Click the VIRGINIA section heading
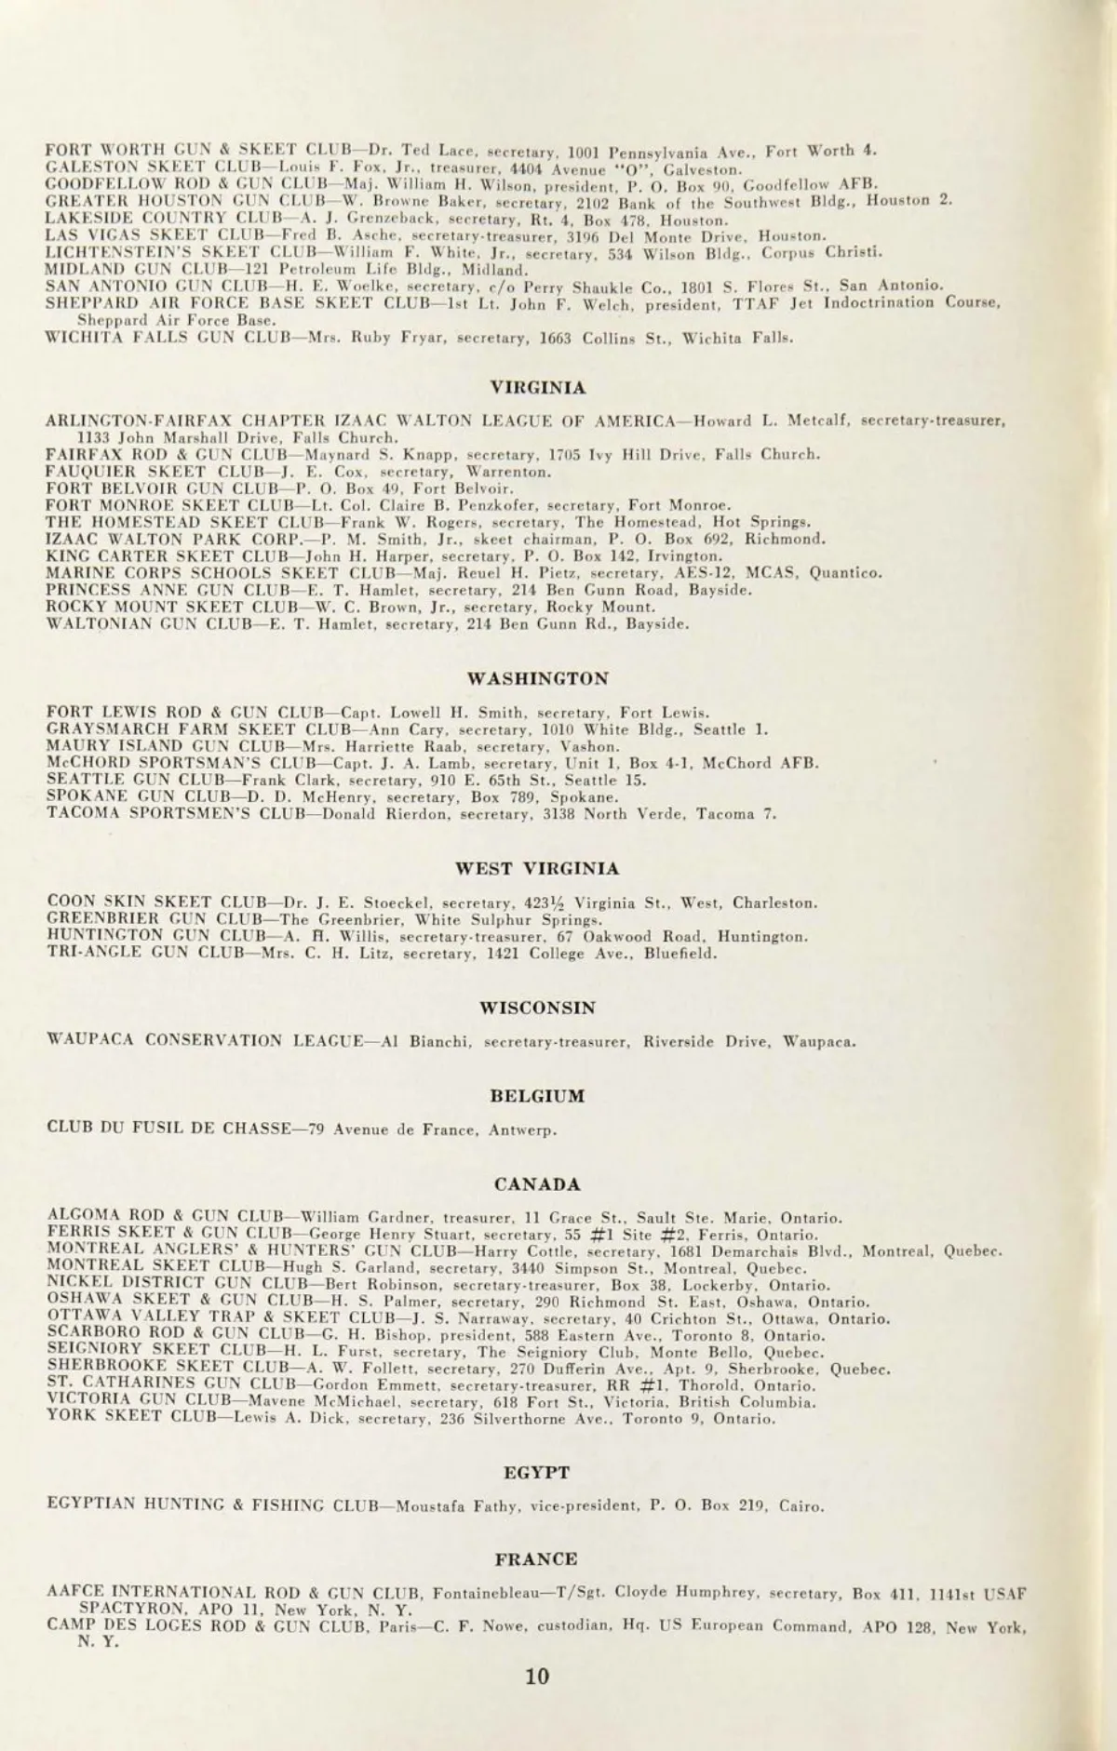pyautogui.click(x=537, y=388)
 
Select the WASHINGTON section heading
pyautogui.click(x=537, y=678)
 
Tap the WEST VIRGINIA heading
pyautogui.click(x=537, y=869)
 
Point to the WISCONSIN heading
pyautogui.click(x=537, y=1008)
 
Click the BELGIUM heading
pyautogui.click(x=537, y=1096)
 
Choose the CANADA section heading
pyautogui.click(x=537, y=1184)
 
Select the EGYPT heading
pyautogui.click(x=537, y=1473)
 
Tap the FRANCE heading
pyautogui.click(x=537, y=1559)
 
